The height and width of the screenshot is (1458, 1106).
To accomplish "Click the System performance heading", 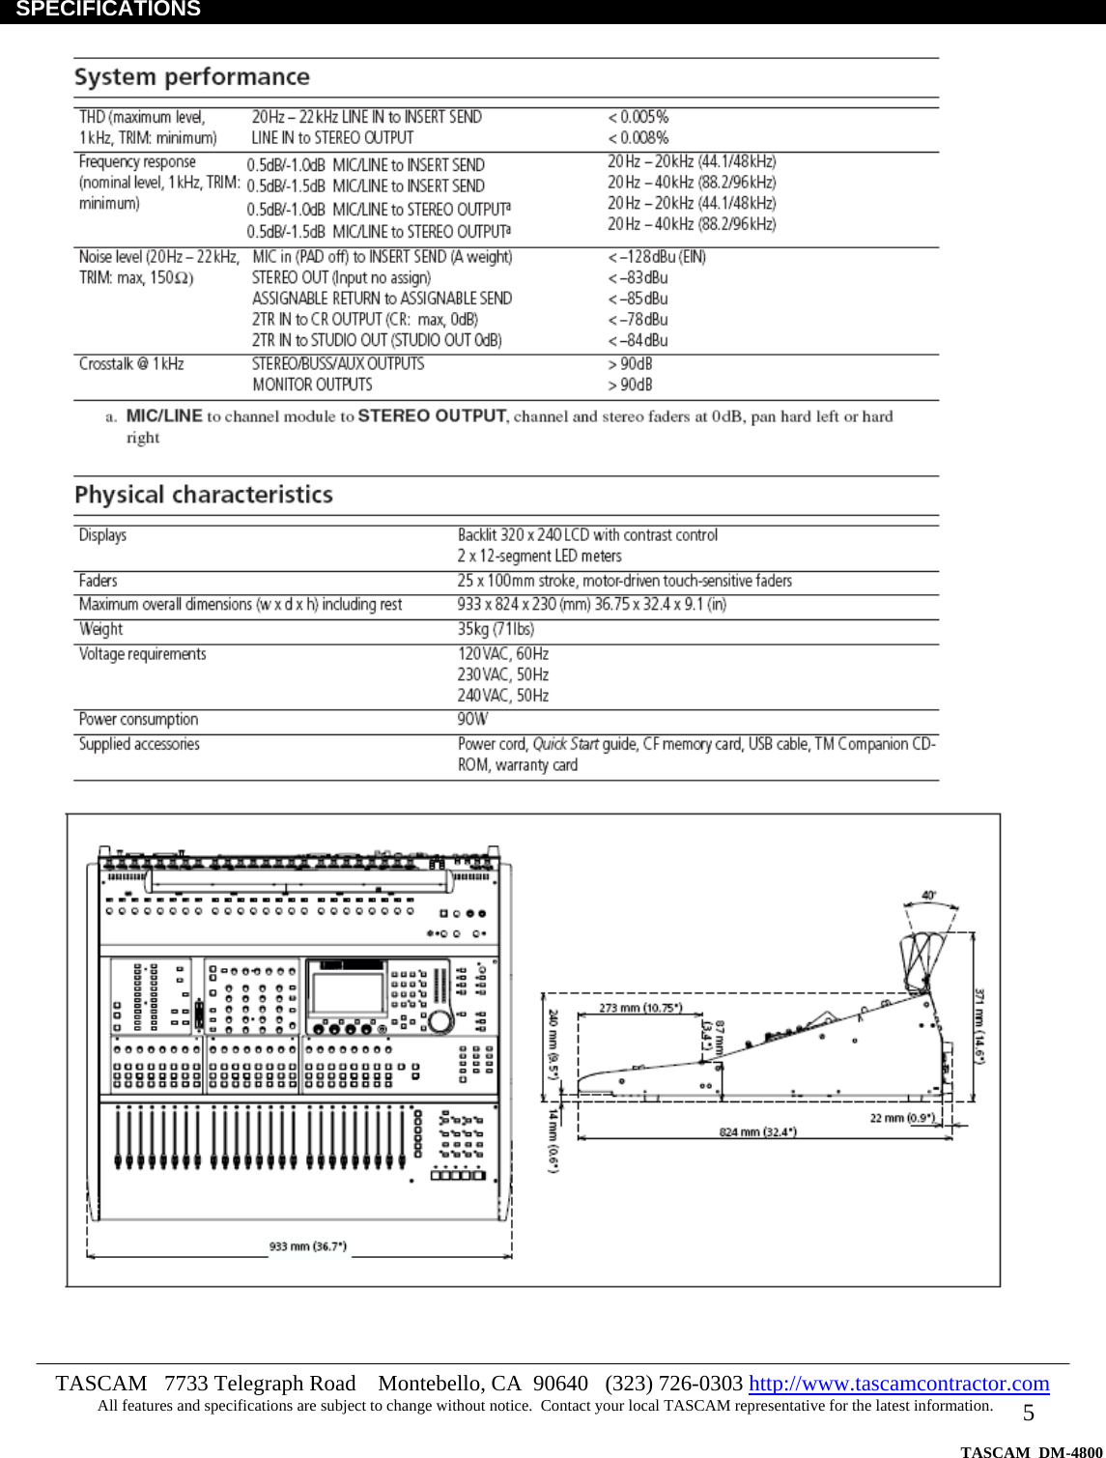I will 191,77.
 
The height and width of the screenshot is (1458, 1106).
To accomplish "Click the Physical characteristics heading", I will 203,495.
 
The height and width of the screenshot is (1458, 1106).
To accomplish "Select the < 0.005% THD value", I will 638,117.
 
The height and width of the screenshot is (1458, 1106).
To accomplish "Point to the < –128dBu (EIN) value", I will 657,257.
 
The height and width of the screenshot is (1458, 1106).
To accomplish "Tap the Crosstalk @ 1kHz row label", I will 131,364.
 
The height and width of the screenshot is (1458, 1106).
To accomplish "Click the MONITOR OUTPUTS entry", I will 312,385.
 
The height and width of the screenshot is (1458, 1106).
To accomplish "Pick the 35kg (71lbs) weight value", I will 496,629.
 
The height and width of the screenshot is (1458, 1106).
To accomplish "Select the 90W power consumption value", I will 472,720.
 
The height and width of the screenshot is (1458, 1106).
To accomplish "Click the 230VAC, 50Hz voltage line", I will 502,674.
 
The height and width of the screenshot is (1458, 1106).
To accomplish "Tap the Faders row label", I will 98,581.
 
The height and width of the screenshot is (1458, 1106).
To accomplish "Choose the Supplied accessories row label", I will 139,744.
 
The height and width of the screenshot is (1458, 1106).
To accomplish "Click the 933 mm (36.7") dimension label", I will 307,1246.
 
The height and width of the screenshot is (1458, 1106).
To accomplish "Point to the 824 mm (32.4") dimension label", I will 757,1131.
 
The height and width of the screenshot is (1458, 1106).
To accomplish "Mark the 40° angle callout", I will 928,896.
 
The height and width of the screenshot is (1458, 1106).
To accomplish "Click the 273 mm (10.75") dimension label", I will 639,1008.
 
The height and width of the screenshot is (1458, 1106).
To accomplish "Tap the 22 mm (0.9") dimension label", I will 901,1118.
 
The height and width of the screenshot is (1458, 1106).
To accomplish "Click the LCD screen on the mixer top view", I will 346,992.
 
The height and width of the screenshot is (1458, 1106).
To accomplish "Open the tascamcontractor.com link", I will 898,1384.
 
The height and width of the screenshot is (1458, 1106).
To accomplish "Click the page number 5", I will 1028,1413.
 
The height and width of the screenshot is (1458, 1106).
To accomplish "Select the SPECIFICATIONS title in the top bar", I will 108,10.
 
